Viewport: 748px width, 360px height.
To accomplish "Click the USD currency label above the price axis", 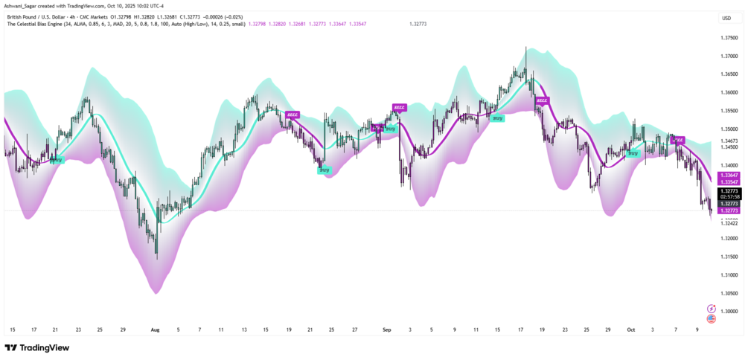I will pos(726,18).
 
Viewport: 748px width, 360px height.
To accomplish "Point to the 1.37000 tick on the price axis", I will pos(729,56).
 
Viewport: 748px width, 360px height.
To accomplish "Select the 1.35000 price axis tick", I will pos(729,129).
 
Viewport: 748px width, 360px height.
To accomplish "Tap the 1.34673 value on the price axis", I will pos(729,141).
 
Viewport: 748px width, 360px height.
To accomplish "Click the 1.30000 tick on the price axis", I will pos(729,311).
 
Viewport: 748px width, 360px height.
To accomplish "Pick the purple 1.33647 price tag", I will pos(729,175).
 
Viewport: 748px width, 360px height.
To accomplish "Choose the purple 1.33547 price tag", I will pos(729,181).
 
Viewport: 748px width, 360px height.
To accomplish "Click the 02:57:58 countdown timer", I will pos(729,197).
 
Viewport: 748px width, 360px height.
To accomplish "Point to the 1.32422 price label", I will pos(729,223).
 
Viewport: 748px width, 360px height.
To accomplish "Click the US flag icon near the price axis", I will pos(711,318).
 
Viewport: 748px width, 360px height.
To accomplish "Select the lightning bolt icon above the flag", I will pos(711,308).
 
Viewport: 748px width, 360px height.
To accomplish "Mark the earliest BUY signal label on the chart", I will pos(57,160).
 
